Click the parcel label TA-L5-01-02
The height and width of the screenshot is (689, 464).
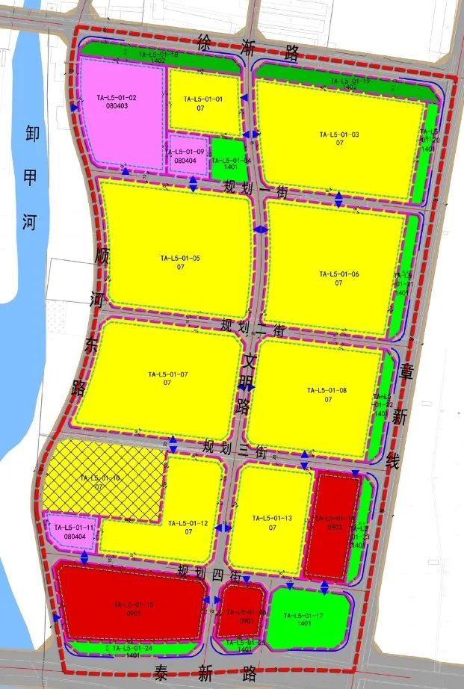coord(117,98)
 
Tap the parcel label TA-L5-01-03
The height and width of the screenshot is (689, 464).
coord(339,135)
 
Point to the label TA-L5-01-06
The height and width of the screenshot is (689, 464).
coord(339,274)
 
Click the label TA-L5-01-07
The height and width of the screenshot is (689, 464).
coord(168,374)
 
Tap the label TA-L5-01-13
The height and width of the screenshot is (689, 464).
coord(272,518)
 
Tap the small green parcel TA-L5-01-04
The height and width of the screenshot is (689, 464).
coord(226,159)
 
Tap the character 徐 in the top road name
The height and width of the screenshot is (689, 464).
coord(205,43)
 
